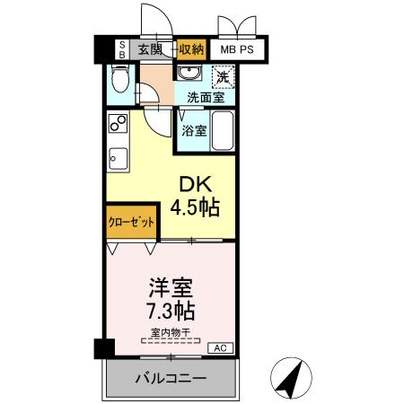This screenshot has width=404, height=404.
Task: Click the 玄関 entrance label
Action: tap(150, 50)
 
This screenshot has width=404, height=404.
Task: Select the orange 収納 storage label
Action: tap(190, 50)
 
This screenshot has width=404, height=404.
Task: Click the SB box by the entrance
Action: tap(124, 50)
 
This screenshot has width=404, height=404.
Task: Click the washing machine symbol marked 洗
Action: tap(223, 77)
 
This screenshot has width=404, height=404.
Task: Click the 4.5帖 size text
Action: tap(198, 208)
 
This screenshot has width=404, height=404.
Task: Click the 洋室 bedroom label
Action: tap(169, 290)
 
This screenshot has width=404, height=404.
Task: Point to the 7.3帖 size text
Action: tap(169, 312)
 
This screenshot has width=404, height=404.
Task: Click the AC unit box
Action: tap(220, 347)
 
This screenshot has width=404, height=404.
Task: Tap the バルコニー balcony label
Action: tap(170, 378)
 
